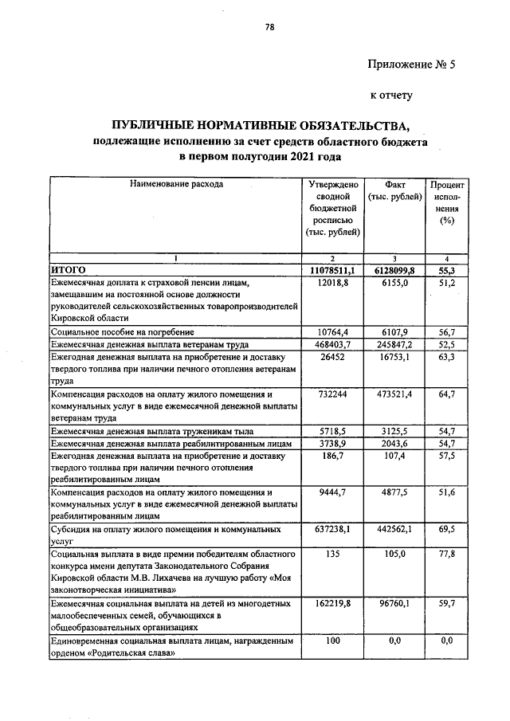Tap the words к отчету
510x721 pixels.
390,96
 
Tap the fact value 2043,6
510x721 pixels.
394,442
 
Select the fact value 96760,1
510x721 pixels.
394,605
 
